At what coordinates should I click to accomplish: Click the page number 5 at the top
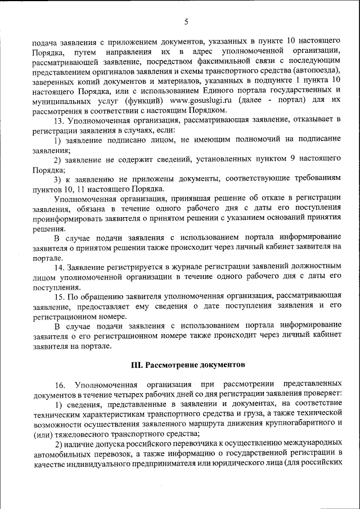tap(186, 22)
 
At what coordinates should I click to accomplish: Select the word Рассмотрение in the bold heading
tap(173, 364)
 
